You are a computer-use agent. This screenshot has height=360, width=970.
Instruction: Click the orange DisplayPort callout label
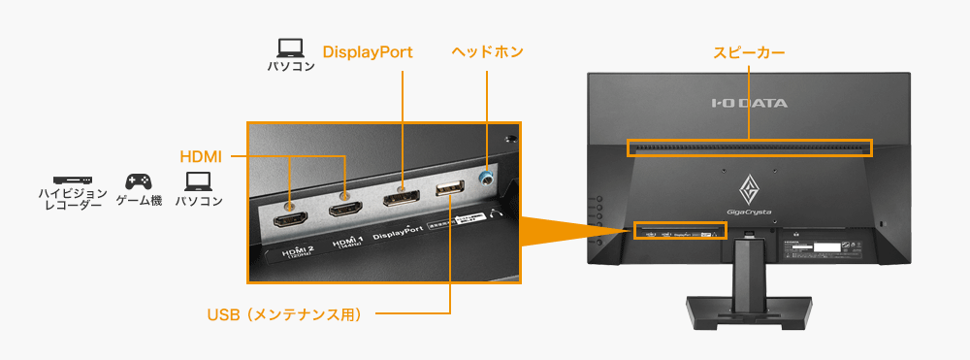point(368,51)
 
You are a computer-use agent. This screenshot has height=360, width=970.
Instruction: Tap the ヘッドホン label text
point(487,51)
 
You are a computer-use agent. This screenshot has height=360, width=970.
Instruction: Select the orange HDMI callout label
point(201,156)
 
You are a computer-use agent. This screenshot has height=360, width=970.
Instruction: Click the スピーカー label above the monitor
point(749,51)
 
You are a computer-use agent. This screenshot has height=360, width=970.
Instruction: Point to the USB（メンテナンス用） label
point(284,313)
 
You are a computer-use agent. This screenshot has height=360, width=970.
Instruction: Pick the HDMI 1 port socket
point(346,210)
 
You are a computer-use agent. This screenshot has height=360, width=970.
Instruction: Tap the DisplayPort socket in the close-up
point(401,201)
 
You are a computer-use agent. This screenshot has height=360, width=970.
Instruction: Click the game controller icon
point(138,181)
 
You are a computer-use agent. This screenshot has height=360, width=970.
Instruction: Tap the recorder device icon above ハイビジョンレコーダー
point(73,180)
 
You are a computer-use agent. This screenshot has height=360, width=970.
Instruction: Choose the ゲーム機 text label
point(139,201)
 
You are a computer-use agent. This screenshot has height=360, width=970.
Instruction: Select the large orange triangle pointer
point(563,230)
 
